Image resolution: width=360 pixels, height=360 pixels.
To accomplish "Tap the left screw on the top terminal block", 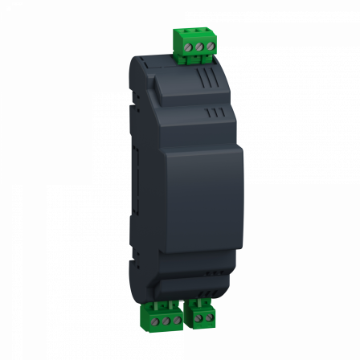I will coord(184,49).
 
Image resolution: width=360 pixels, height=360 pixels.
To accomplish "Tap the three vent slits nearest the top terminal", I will coord(205,80).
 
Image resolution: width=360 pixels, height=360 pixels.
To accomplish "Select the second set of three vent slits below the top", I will coord(212,113).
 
